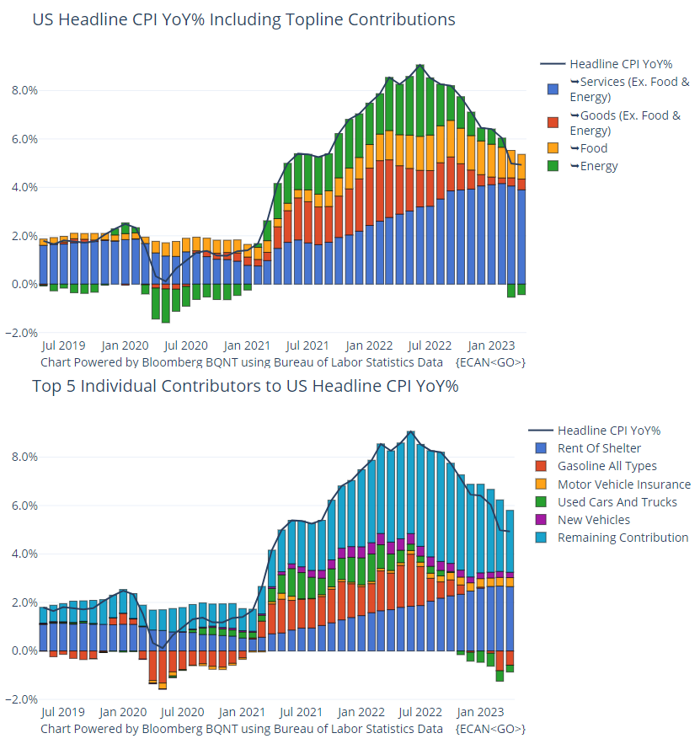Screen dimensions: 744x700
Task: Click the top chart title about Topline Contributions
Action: (243, 19)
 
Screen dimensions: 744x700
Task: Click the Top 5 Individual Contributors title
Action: (245, 387)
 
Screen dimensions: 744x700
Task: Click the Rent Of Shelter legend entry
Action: (598, 448)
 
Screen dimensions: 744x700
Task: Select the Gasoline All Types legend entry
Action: (606, 466)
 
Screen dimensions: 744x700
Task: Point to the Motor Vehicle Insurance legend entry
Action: (623, 484)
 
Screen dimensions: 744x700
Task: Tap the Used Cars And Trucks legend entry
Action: (617, 502)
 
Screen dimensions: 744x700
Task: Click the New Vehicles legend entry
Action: (594, 520)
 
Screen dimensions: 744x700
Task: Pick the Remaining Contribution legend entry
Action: (623, 538)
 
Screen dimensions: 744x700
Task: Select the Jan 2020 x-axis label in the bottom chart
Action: (124, 712)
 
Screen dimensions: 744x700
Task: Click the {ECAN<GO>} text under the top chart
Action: (490, 362)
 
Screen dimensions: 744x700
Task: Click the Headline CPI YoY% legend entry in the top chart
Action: (620, 64)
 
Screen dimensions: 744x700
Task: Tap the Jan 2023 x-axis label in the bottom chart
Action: (491, 712)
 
